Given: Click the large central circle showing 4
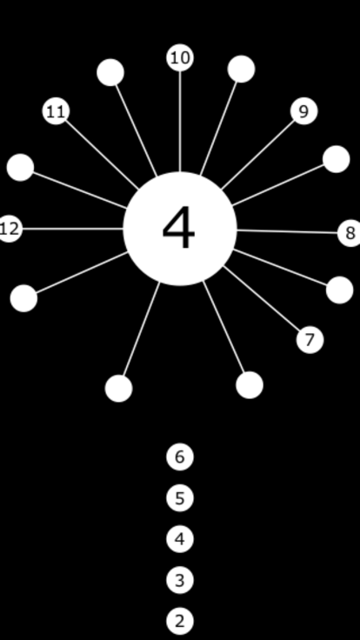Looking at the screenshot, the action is click(x=180, y=229).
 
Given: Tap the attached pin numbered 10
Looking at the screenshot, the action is click(x=180, y=57).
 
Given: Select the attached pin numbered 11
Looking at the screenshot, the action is click(x=56, y=111).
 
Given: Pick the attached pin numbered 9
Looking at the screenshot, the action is click(x=304, y=111).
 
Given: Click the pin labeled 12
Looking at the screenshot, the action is click(x=9, y=229).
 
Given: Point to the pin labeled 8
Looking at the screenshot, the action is click(x=350, y=233).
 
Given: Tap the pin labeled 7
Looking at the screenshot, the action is click(x=310, y=339).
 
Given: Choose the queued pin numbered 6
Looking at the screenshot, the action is click(x=180, y=457).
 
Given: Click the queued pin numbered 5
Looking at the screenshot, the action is click(x=180, y=498).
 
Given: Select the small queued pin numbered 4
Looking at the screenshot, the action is click(x=180, y=539).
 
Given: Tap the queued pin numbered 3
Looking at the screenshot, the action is click(x=180, y=580).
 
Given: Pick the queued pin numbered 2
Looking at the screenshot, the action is click(x=180, y=620).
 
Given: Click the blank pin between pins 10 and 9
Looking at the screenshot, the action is click(x=242, y=69).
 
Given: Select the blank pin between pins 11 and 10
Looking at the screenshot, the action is click(x=110, y=72).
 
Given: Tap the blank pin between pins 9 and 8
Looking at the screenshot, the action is click(x=337, y=159).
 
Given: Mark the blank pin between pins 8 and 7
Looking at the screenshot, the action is click(x=340, y=290).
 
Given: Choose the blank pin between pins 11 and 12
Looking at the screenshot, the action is click(x=20, y=167).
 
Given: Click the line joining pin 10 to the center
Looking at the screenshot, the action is click(x=180, y=121).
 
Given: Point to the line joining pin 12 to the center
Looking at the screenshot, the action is click(x=73, y=229).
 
